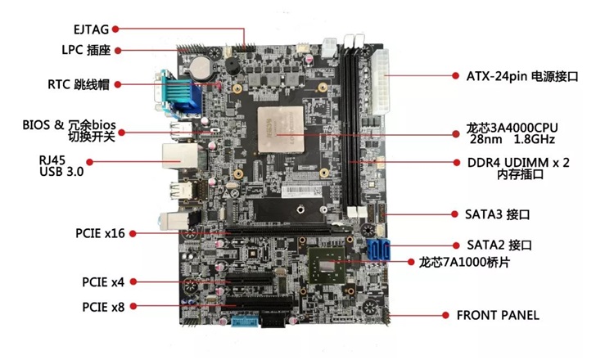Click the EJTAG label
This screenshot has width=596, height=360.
pos(91,29)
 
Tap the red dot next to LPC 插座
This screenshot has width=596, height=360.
pos(118,51)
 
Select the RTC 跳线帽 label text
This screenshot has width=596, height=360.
pos(79,84)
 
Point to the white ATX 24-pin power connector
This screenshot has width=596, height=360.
pos(381,82)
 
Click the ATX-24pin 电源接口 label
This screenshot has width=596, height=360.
pos(522,76)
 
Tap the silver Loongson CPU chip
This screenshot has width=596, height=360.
pos(282,130)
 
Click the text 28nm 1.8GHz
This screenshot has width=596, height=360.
pos(512,139)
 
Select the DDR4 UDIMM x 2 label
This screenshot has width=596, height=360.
pos(518,163)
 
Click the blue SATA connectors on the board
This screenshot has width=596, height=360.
pos(378,250)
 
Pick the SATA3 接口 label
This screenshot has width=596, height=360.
pos(497,214)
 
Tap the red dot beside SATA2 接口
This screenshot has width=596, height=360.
pos(456,245)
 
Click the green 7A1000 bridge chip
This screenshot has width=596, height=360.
pos(327,266)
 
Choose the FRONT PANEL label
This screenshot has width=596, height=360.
pos(498,315)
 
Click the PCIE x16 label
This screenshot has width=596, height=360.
pos(100,233)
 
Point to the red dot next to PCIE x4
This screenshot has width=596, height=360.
pos(133,281)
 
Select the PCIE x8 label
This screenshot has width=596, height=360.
pos(103,307)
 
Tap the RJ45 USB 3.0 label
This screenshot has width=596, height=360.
pos(61,166)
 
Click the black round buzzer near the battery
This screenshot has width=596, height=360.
pos(232,66)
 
